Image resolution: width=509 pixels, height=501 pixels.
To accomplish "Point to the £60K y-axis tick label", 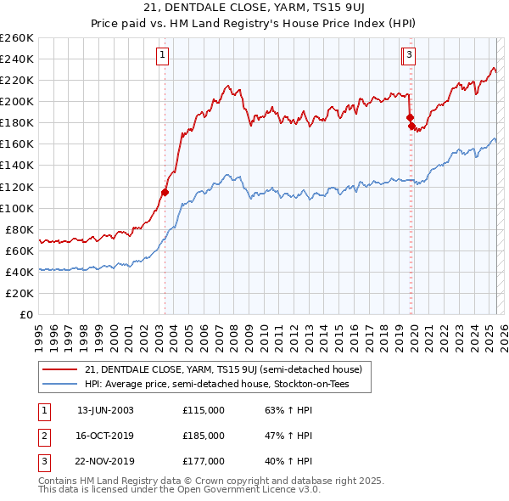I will [x=20, y=250].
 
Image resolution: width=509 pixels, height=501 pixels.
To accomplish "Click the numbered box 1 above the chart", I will [x=161, y=56].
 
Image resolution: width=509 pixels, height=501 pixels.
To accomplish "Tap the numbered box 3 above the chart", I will [x=409, y=56].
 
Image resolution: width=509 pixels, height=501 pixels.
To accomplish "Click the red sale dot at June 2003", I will [x=165, y=192].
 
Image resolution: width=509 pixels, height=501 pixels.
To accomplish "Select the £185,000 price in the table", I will [x=204, y=436].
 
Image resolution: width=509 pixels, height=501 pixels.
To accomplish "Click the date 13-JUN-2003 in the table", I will [x=105, y=410].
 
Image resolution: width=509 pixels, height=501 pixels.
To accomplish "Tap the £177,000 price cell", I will [x=204, y=461].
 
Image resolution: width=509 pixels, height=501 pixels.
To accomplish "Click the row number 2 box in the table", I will [x=44, y=436].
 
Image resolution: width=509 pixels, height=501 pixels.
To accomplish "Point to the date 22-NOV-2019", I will [x=105, y=461].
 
